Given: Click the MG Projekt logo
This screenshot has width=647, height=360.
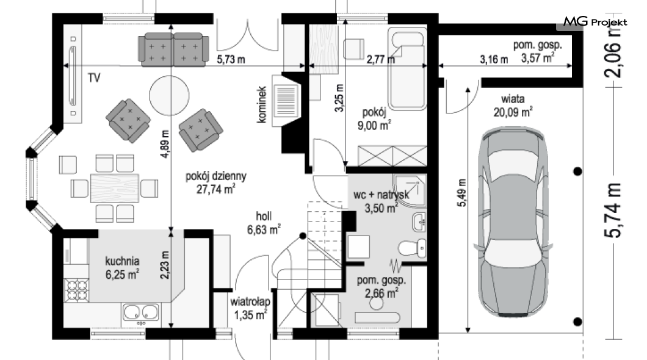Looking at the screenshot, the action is tap(595, 21).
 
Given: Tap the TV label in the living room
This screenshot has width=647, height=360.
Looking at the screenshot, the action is tap(94, 77).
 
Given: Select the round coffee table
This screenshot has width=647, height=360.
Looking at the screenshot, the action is tap(169, 95).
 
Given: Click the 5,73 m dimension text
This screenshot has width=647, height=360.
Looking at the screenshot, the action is tap(231, 59).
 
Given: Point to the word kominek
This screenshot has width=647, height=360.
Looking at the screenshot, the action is tap(262, 104).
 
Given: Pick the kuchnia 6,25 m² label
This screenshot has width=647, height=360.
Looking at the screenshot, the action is tap(122, 267).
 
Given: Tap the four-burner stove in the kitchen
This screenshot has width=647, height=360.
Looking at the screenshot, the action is tap(77, 289).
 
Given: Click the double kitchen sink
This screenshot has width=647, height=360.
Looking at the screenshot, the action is tap(141, 312).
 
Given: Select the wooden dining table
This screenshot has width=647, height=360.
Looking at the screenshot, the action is tap(114, 188).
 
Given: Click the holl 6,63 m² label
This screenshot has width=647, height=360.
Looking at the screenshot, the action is tap(264, 223).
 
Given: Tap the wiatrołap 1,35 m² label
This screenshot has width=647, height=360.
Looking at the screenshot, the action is tap(250, 308).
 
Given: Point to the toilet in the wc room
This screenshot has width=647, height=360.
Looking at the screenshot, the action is tap(412, 248).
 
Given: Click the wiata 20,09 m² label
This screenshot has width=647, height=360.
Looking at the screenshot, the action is tap(513, 105).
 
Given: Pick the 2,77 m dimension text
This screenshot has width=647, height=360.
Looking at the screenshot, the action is tap(380, 59).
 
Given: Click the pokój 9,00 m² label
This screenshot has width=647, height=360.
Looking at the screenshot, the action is tap(374, 119).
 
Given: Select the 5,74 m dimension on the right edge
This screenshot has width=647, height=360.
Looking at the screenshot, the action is tap(613, 211).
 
